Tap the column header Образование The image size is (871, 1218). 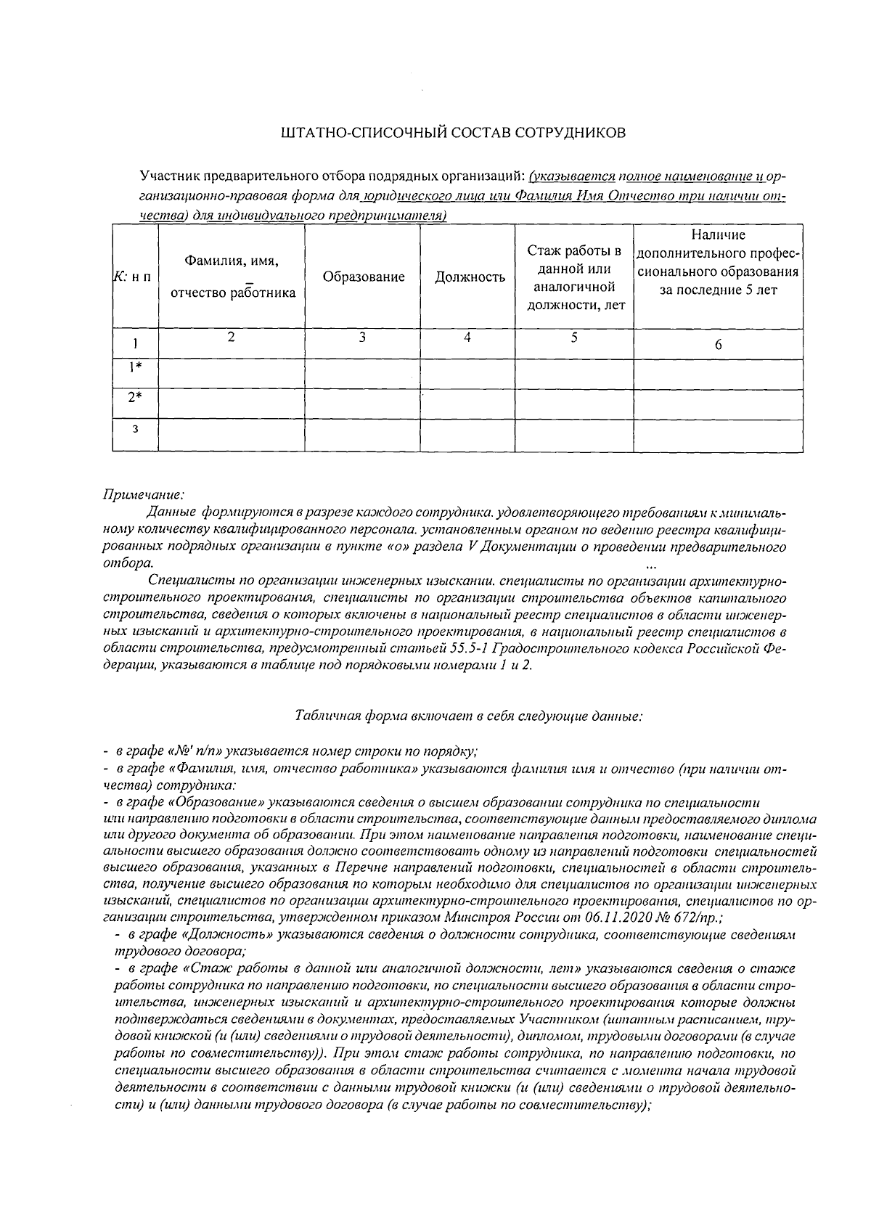point(363,277)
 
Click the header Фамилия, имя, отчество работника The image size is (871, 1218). point(232,277)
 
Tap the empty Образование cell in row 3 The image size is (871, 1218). point(362,435)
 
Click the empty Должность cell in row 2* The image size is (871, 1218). point(468,403)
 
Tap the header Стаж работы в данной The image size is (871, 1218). point(574,278)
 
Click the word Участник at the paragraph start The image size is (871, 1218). point(170,176)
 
